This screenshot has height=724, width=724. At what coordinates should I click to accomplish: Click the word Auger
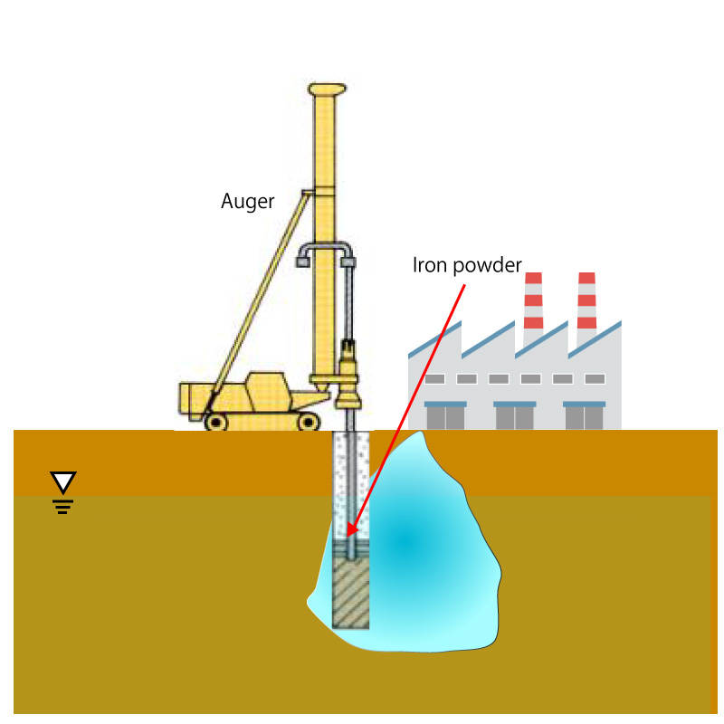[x=247, y=201]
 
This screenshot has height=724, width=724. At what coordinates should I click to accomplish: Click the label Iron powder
[x=467, y=265]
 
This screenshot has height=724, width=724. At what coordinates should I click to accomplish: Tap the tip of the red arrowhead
[x=348, y=537]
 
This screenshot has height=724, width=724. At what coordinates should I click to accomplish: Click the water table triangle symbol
[x=63, y=482]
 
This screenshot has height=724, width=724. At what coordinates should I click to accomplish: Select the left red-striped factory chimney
[x=533, y=300]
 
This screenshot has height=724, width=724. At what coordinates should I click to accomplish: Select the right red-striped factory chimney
[x=586, y=300]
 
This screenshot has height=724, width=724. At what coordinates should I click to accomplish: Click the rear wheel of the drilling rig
[x=215, y=422]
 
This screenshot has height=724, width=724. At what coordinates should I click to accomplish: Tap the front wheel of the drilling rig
[x=308, y=422]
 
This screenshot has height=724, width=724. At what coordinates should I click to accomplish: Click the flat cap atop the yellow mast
[x=327, y=89]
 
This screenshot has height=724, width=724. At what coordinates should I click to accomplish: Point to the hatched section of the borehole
[x=351, y=593]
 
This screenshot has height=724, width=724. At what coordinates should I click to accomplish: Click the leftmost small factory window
[x=434, y=379]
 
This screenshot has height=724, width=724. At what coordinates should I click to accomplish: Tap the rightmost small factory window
[x=595, y=379]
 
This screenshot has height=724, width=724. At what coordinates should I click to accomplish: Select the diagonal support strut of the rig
[x=259, y=300]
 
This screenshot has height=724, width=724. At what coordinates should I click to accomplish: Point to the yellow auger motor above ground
[x=349, y=374]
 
